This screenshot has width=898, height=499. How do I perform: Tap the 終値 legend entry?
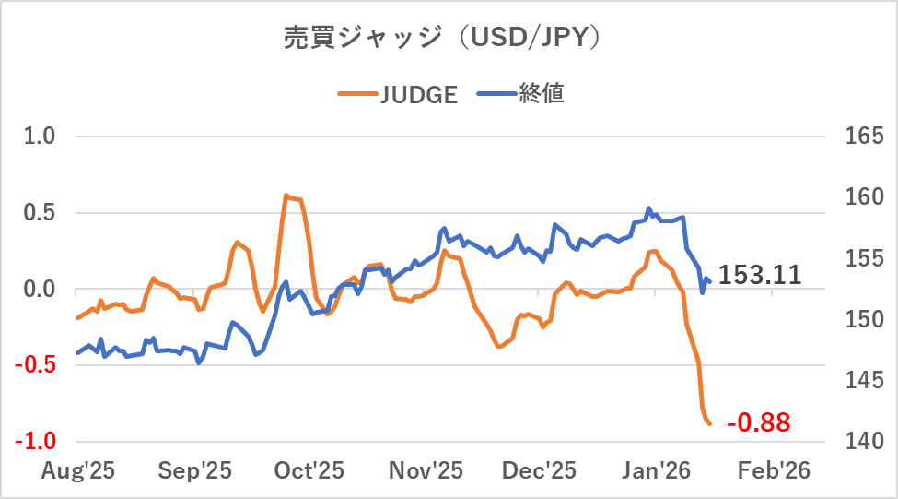click(x=523, y=94)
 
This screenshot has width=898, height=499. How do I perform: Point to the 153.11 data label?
click(x=760, y=275)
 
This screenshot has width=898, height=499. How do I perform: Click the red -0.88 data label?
click(x=758, y=423)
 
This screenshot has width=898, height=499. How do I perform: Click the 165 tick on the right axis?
click(x=863, y=137)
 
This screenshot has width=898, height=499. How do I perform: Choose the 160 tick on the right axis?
click(x=863, y=197)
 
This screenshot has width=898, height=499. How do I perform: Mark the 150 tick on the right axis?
click(x=863, y=319)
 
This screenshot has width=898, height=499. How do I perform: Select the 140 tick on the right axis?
click(x=863, y=441)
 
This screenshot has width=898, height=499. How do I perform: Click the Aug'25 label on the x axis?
click(x=78, y=470)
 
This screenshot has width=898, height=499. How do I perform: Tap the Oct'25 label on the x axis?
click(x=310, y=470)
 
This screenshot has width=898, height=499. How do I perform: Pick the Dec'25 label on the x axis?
click(x=539, y=470)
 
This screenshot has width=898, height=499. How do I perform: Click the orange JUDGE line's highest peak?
click(x=286, y=196)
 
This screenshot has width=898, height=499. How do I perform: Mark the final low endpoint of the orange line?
click(x=710, y=424)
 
